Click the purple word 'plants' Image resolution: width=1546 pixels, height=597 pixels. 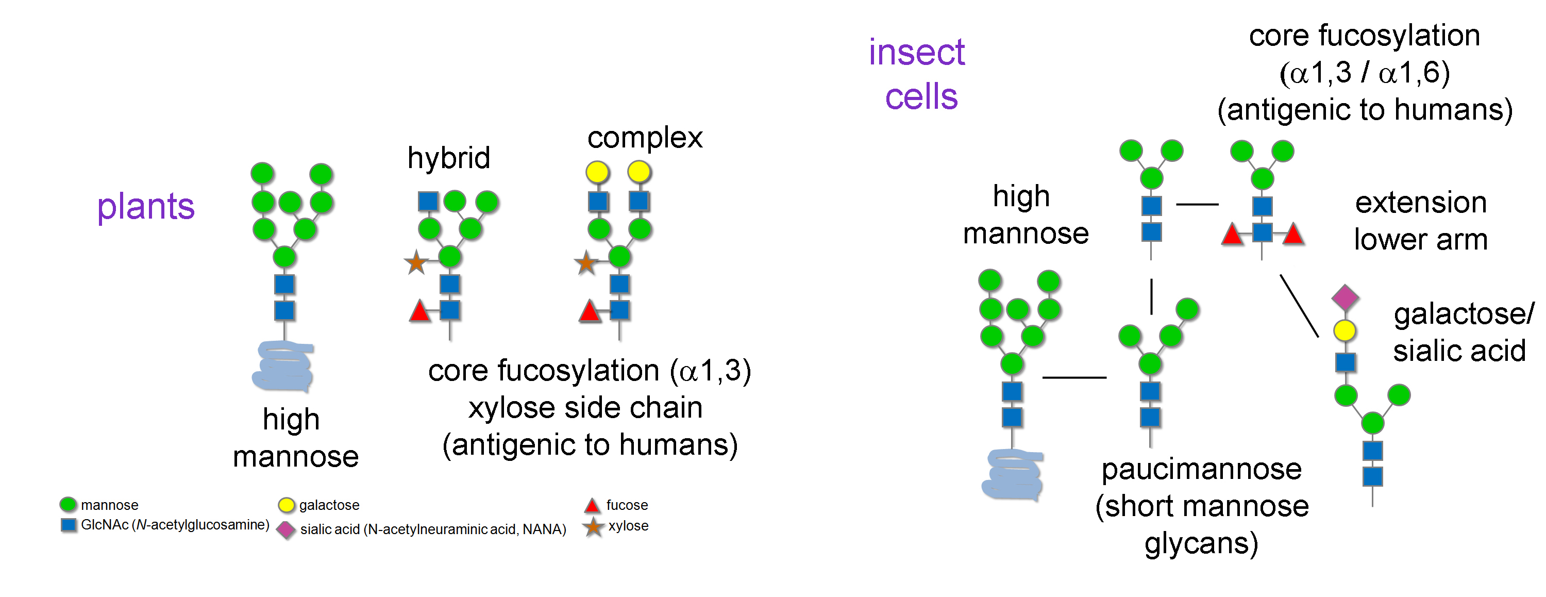coord(146,207)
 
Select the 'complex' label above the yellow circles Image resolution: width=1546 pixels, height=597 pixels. coord(645,138)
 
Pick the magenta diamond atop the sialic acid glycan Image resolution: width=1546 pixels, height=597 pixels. coord(1345,297)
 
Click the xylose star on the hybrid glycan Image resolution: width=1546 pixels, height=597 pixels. coord(416,262)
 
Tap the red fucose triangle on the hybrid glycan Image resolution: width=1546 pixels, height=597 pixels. coord(419,311)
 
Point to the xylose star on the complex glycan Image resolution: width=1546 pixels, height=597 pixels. coord(586,262)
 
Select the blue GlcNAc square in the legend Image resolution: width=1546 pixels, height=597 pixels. coord(69,525)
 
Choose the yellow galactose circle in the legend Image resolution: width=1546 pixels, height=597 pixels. coord(287,505)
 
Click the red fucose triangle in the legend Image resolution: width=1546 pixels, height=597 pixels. coord(592,505)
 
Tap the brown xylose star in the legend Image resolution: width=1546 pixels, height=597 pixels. coord(593,527)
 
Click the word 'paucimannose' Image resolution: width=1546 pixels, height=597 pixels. coord(1202,469)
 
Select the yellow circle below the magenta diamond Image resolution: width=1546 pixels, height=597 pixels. coord(1345,330)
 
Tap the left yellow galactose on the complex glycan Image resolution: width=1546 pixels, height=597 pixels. coord(597,172)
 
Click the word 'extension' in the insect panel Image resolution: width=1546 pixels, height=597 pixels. coord(1421,203)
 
